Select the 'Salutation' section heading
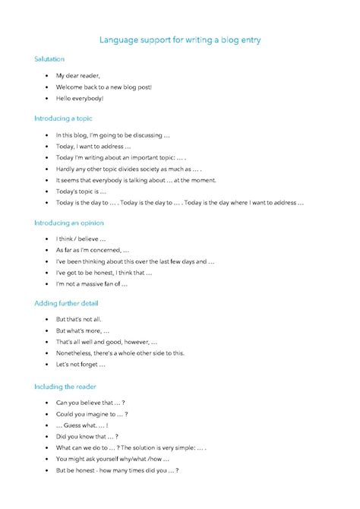click(49, 58)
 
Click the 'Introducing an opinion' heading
click(69, 223)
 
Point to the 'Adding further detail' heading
click(67, 303)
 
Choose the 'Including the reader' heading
click(65, 386)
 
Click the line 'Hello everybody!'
click(80, 99)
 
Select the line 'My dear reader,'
click(78, 76)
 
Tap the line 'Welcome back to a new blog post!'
click(104, 87)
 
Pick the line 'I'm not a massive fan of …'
click(92, 283)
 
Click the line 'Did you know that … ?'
click(87, 436)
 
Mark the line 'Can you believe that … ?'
click(90, 402)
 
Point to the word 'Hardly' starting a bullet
click(65, 169)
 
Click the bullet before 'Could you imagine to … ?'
click(47, 414)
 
